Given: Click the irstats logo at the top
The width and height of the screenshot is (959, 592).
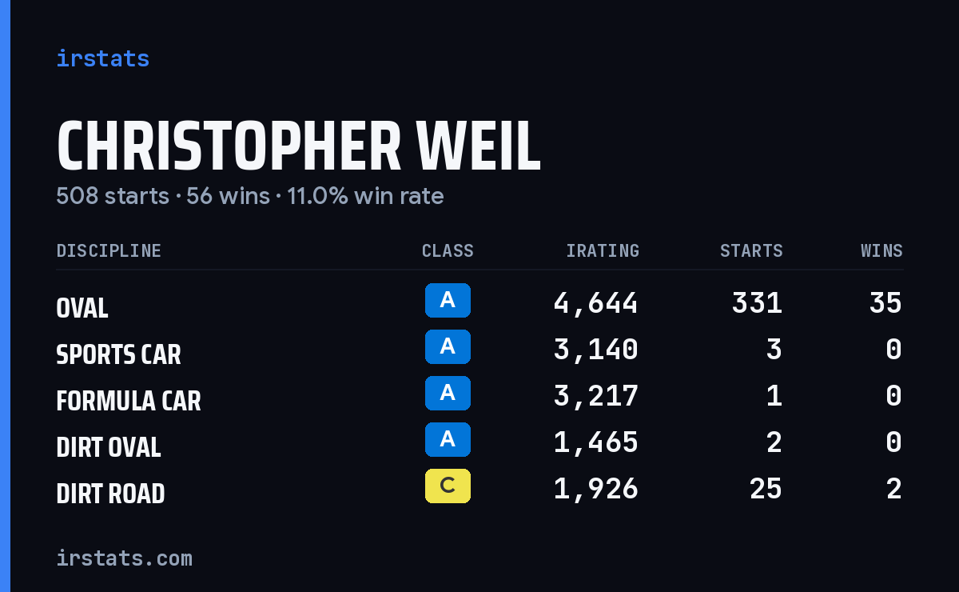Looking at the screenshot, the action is pos(103,58).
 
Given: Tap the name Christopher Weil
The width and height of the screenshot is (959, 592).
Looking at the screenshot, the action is pos(298,146).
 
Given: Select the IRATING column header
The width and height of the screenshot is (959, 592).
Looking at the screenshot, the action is pos(603,250).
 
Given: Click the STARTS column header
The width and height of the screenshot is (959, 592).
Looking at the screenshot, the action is pos(751,250).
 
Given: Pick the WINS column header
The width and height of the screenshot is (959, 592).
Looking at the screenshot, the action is pos(882,250).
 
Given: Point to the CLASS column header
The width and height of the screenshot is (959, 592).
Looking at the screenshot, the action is pos(448,250).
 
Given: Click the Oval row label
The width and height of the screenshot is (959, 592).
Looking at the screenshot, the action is pos(82,308).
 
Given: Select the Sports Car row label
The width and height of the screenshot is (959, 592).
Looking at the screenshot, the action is pos(118,354).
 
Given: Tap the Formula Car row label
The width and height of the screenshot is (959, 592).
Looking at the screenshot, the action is pos(129,401).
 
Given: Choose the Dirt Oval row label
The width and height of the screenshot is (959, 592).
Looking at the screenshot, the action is pos(109,447).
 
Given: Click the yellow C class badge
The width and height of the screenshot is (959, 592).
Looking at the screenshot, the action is pos(448,486).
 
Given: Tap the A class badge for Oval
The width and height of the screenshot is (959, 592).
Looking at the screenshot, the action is pos(448,300).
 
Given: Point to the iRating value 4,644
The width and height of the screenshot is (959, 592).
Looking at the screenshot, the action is pos(595,303).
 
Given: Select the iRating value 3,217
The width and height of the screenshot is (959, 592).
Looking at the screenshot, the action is pos(595,396).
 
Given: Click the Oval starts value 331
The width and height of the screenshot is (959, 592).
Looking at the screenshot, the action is pos(757,303).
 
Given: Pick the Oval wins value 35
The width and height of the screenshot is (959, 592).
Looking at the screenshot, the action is pos(885,303).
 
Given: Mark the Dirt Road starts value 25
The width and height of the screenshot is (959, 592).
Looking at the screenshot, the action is pos(766,489).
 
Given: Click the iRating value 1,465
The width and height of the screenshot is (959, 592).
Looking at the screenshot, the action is pos(595,442).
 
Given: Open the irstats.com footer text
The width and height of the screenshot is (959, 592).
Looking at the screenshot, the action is pos(124,558).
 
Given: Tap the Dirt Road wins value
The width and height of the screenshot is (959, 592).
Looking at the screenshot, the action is pos(894,489).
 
